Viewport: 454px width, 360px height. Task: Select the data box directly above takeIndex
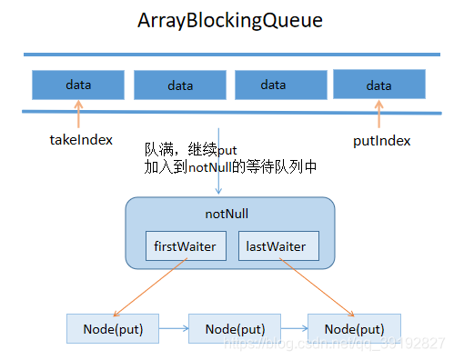pyautogui.click(x=78, y=85)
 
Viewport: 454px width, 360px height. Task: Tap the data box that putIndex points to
pyautogui.click(x=378, y=85)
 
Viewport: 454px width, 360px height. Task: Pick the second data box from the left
pyautogui.click(x=179, y=85)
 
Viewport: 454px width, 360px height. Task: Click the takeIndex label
pyautogui.click(x=80, y=141)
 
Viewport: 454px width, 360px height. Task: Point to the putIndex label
pyautogui.click(x=381, y=141)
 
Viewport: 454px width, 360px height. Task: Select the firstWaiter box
pyautogui.click(x=186, y=245)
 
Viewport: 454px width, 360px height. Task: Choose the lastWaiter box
pyautogui.click(x=279, y=245)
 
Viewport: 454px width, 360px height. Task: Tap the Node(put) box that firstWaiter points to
pyautogui.click(x=112, y=327)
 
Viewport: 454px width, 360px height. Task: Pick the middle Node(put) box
pyautogui.click(x=234, y=327)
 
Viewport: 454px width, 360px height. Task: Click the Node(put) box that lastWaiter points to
pyautogui.click(x=353, y=327)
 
